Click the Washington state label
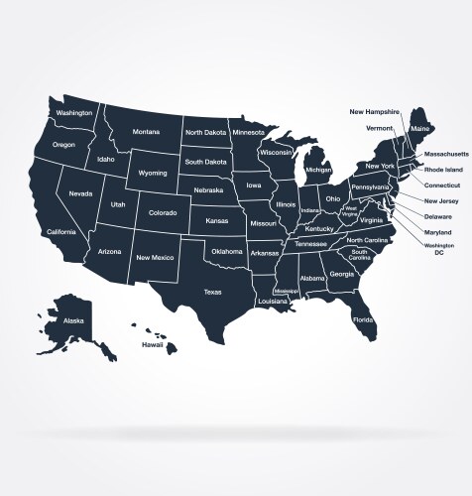pyautogui.click(x=74, y=113)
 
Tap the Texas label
pyautogui.click(x=213, y=292)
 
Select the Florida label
pyautogui.click(x=364, y=320)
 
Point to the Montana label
pyautogui.click(x=146, y=132)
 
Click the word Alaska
pyautogui.click(x=73, y=321)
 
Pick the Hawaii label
pyautogui.click(x=152, y=344)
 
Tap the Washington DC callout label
pyautogui.click(x=439, y=248)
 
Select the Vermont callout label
pyautogui.click(x=381, y=128)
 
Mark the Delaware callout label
pyautogui.click(x=438, y=216)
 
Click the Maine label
pyautogui.click(x=419, y=129)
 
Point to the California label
pyautogui.click(x=61, y=232)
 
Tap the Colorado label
pyautogui.click(x=163, y=212)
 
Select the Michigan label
pyautogui.click(x=318, y=170)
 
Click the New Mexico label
pyautogui.click(x=155, y=258)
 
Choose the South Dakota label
pyautogui.click(x=206, y=162)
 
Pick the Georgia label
pyautogui.click(x=342, y=274)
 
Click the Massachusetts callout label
pyautogui.click(x=447, y=155)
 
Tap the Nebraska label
pyautogui.click(x=208, y=189)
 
